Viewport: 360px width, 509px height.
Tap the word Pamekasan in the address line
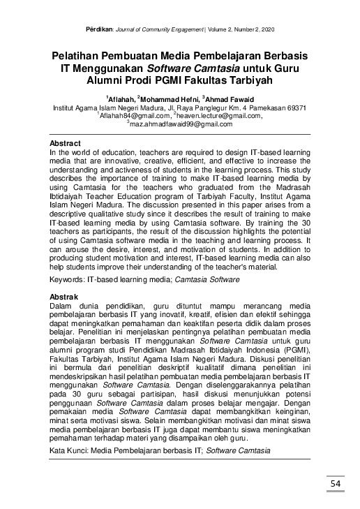coord(258,108)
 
